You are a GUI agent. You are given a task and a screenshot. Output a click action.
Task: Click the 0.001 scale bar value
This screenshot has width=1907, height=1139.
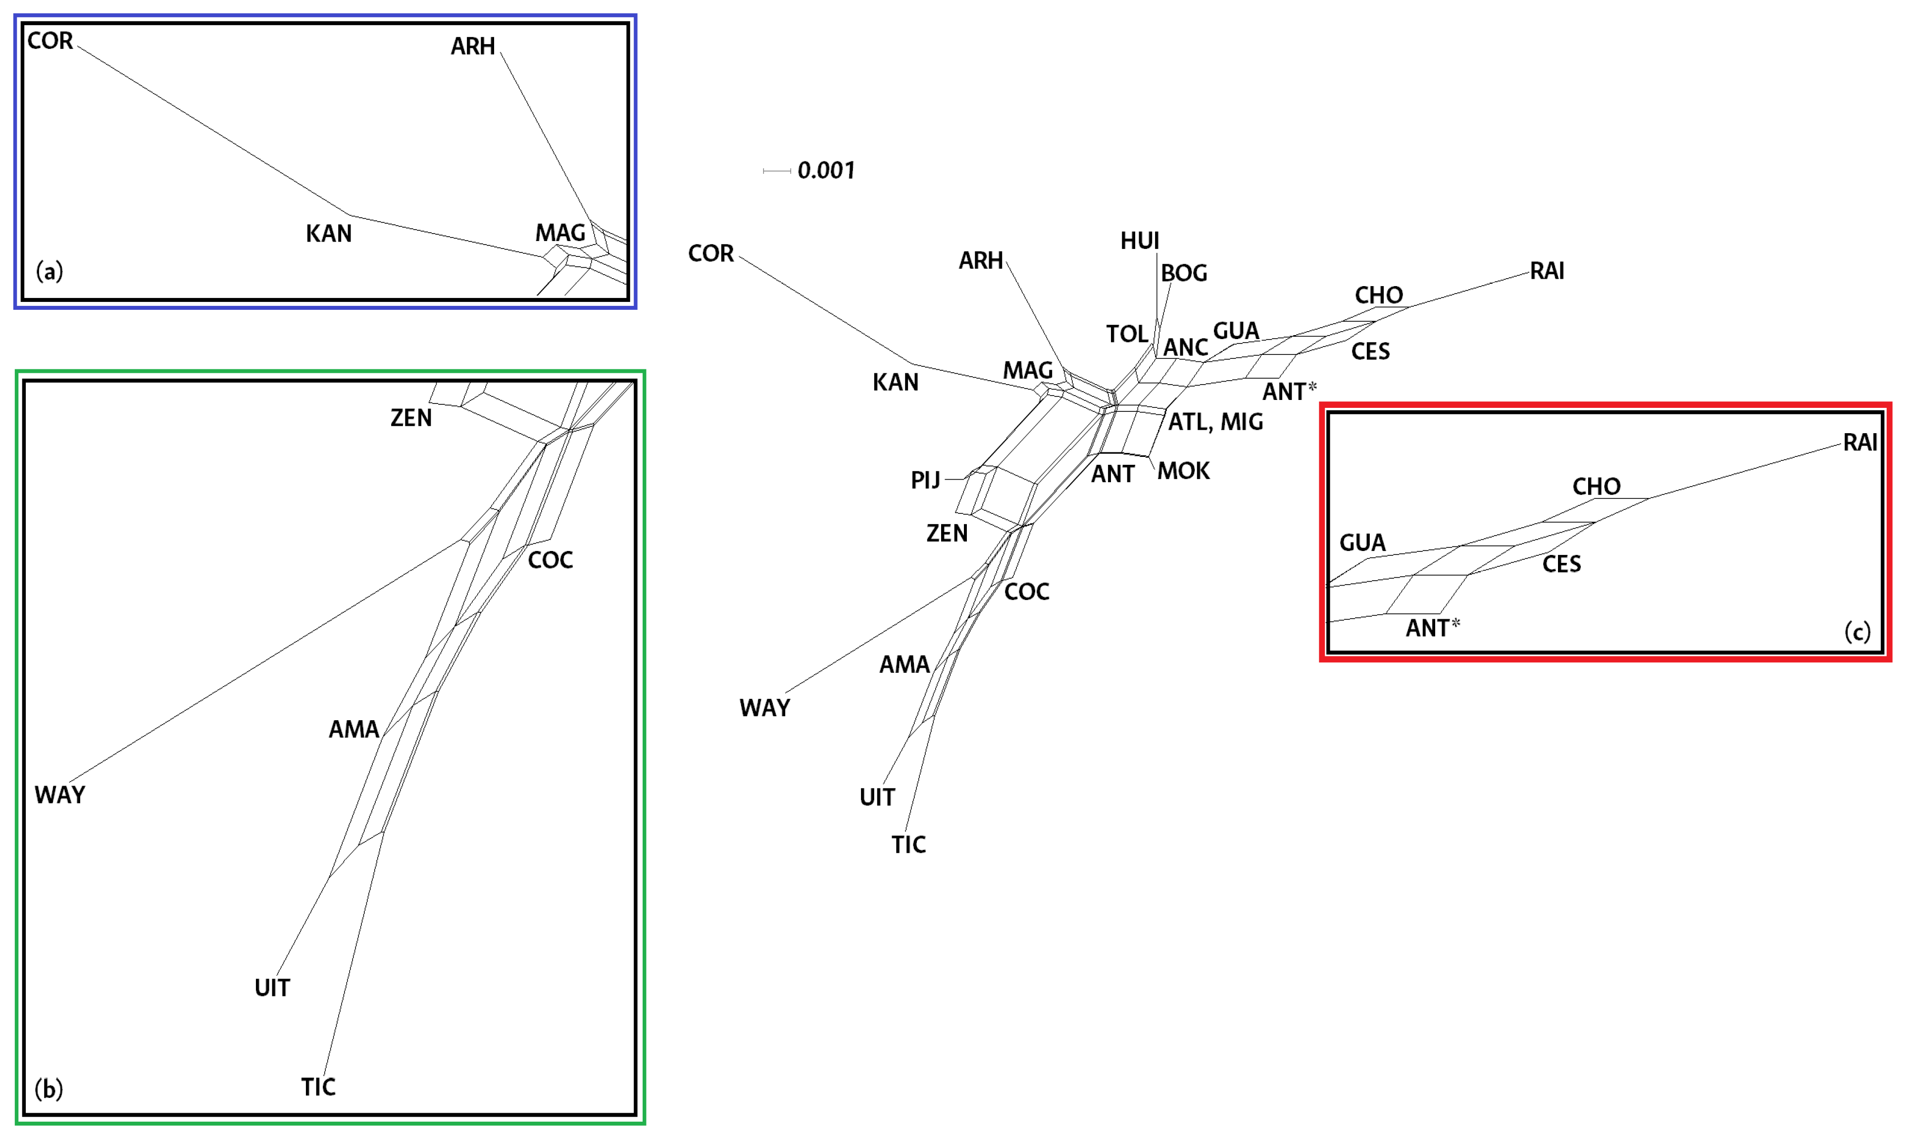click(x=826, y=170)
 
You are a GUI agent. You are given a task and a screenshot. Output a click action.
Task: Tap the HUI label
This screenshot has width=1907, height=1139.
click(x=1140, y=241)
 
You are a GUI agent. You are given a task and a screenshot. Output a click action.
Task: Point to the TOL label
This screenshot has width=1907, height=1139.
click(x=1127, y=334)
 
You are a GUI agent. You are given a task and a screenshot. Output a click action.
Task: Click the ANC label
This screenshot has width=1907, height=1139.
click(x=1186, y=347)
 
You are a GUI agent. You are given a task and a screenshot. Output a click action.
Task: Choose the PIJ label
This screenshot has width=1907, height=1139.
click(x=925, y=481)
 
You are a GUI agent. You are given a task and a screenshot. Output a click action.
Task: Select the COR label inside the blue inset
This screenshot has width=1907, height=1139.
click(x=50, y=41)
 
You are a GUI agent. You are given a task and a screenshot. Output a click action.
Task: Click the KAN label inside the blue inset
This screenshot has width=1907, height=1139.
click(x=328, y=233)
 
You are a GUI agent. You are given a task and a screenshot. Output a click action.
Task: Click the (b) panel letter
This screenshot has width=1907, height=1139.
click(x=49, y=1089)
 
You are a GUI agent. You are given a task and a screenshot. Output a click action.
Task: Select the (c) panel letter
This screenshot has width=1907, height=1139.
click(x=1857, y=632)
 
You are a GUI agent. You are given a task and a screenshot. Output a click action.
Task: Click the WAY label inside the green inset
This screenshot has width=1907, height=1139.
click(x=60, y=795)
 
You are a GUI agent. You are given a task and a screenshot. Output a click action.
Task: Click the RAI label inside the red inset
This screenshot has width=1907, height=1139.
click(x=1860, y=443)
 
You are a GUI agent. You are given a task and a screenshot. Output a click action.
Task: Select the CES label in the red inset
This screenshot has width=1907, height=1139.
click(x=1561, y=565)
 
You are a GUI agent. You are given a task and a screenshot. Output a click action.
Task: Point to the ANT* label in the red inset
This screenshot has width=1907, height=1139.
click(x=1432, y=628)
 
